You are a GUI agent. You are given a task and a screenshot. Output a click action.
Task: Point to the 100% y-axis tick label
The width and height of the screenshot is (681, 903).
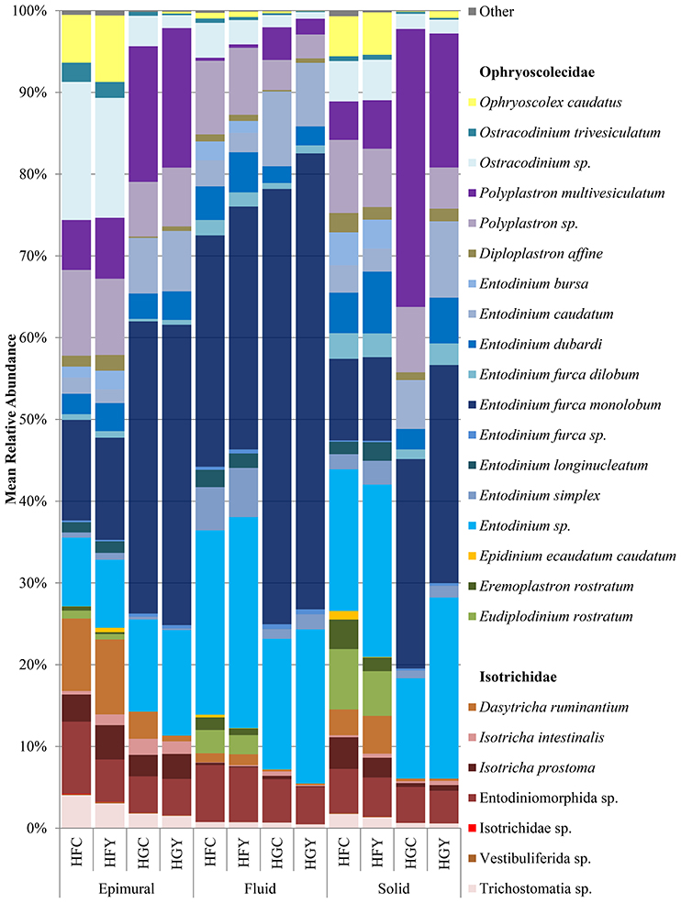pos(29,11)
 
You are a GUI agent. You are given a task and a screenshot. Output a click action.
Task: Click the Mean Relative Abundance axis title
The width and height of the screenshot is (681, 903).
pos(13,419)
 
